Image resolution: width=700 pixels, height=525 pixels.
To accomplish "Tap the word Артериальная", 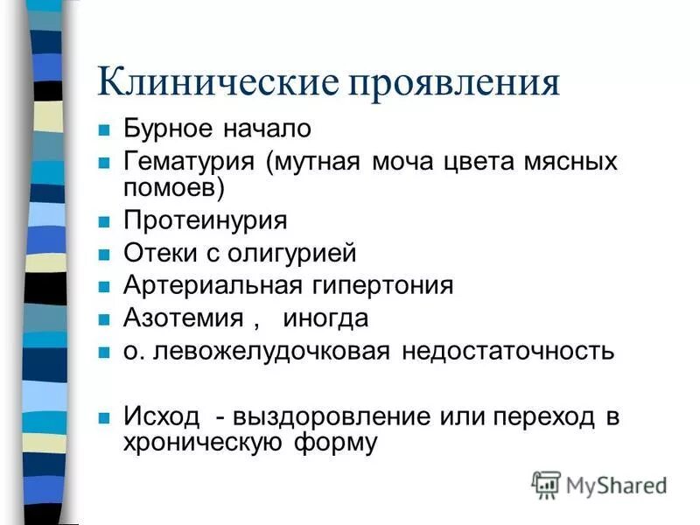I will pos(211,286).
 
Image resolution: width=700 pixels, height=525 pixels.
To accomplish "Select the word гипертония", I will pos(379,286).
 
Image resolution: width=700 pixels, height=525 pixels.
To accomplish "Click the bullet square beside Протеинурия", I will pos(103,221).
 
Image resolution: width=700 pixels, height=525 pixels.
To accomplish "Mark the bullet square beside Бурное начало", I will pos(103,130).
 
